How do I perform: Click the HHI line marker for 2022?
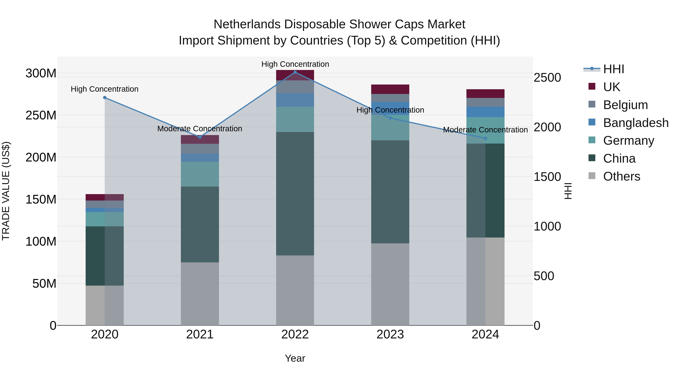click(x=295, y=72)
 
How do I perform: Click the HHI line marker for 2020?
click(x=105, y=98)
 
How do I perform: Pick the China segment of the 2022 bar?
click(x=295, y=194)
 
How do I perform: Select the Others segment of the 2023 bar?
click(x=390, y=284)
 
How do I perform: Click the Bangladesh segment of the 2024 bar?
click(x=485, y=112)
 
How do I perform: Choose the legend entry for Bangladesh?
click(x=635, y=123)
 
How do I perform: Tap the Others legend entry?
click(x=621, y=176)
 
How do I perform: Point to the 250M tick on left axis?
click(x=41, y=115)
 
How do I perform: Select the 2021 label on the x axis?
click(x=200, y=334)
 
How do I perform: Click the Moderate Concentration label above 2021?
click(x=200, y=129)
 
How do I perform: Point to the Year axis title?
click(x=295, y=358)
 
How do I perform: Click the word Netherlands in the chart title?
click(x=247, y=24)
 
